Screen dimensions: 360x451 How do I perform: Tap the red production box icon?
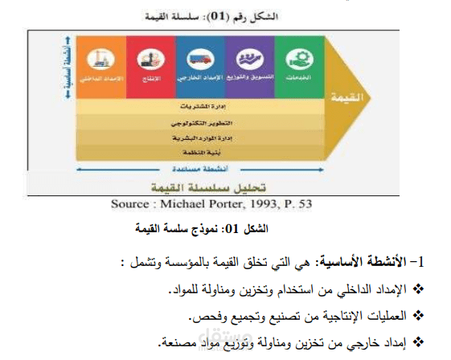(148, 59)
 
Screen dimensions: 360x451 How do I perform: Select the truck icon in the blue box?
(200, 59)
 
